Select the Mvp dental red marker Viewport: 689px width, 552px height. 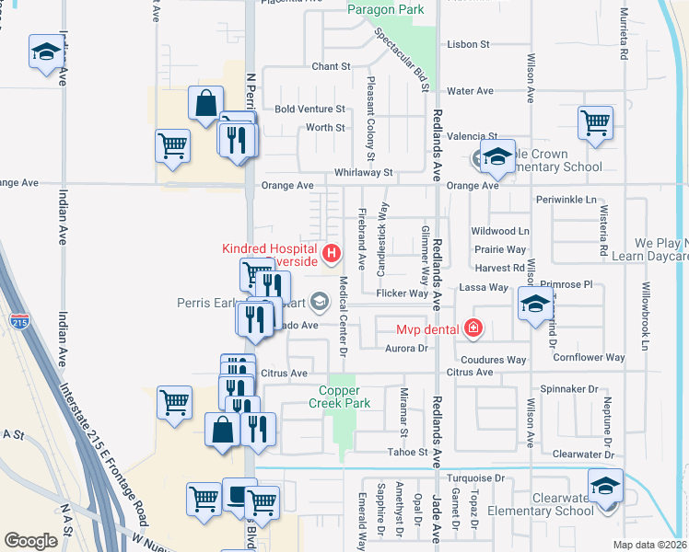click(x=473, y=328)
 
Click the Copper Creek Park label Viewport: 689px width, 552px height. click(x=338, y=397)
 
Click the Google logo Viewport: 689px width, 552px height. click(x=31, y=541)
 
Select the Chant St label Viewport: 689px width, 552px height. click(x=332, y=66)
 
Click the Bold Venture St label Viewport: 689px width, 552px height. click(x=309, y=109)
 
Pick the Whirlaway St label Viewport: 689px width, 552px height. click(x=364, y=172)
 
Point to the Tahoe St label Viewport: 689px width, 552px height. click(x=411, y=452)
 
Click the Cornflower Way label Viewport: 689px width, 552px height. click(x=590, y=357)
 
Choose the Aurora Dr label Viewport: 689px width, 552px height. click(x=410, y=348)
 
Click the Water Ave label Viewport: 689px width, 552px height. click(x=470, y=91)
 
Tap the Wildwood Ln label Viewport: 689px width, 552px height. click(x=500, y=231)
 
